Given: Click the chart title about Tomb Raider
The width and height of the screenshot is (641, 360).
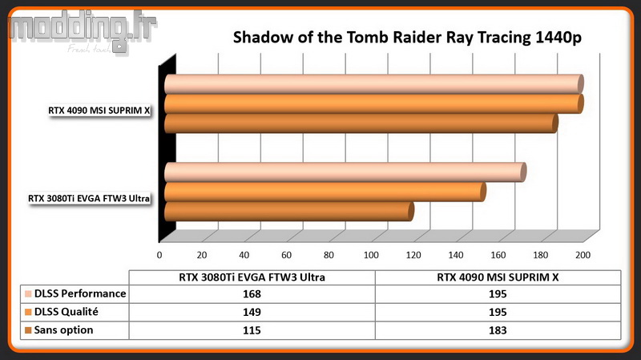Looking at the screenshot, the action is point(407,37).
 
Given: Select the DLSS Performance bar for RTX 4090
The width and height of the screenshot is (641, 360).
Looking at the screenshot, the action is point(373,84).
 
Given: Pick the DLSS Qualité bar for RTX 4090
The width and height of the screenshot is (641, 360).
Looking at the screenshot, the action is point(373,104).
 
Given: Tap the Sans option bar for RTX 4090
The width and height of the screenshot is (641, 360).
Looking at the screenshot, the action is point(361,123).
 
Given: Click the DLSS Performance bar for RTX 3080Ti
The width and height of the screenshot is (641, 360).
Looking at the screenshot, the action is point(345,172).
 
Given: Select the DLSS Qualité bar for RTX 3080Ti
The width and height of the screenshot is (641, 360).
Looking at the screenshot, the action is point(325,192).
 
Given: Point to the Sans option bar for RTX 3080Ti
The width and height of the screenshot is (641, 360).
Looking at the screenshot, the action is point(289,212).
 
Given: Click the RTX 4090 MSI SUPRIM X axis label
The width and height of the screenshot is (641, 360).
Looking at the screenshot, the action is point(99,111).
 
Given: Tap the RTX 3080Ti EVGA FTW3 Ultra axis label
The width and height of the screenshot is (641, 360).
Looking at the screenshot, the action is point(89,198).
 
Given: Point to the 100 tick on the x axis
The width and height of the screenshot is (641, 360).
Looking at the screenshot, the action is point(371,255).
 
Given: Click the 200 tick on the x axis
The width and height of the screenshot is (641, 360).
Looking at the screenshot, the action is point(583,255).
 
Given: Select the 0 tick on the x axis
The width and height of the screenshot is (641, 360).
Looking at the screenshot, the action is point(159,255).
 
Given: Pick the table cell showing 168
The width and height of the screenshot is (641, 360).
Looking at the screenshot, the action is point(252,294).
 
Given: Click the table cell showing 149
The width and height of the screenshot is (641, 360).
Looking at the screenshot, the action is point(252,312).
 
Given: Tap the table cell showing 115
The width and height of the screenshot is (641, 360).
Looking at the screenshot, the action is point(252,330).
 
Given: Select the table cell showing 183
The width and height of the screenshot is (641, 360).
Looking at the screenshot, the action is point(498,330).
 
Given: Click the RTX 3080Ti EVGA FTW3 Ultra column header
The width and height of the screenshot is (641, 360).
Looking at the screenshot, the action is point(252,277).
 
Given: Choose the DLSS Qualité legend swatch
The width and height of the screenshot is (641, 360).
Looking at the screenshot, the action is point(28,312).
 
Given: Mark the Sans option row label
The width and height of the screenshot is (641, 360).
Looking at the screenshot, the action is point(63,330).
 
